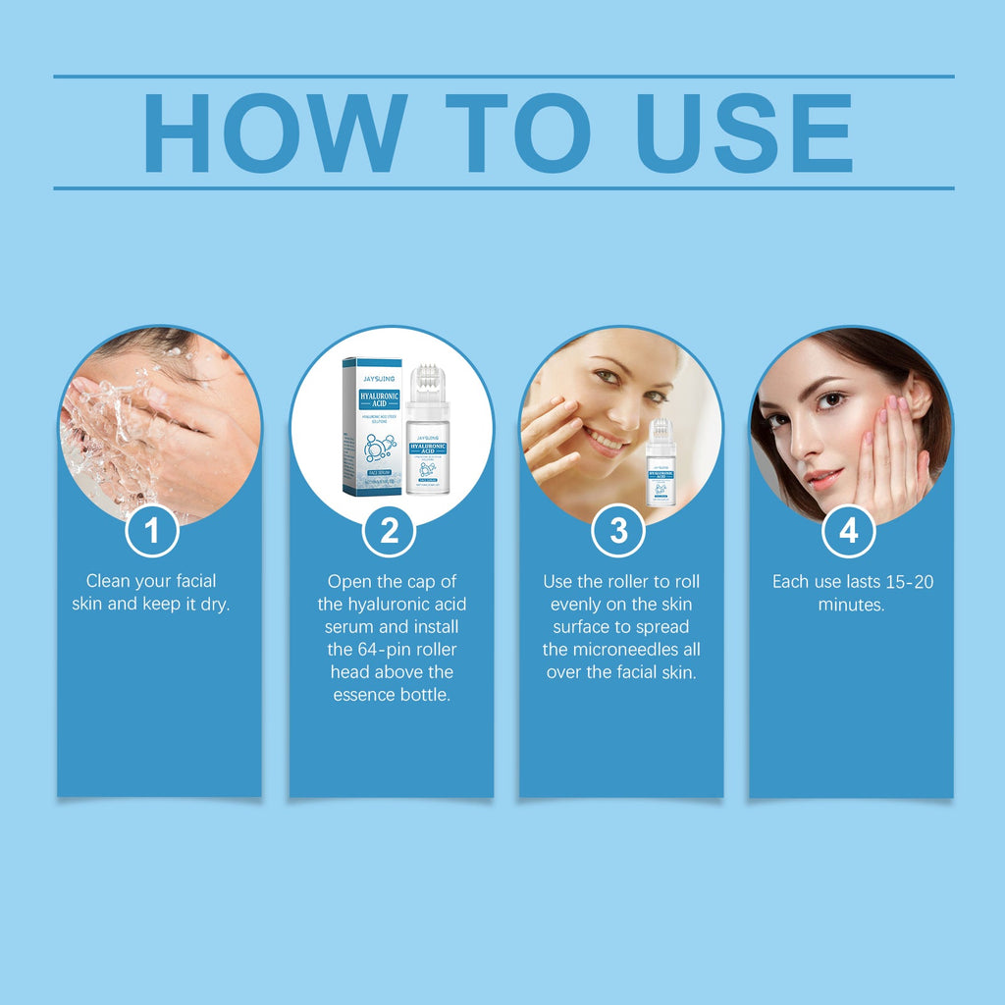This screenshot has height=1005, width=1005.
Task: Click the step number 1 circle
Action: [x=152, y=531]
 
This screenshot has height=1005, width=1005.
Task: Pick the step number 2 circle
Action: [x=390, y=531]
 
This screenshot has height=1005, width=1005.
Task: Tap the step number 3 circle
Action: [x=618, y=531]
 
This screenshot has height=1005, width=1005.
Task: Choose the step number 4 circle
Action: [x=848, y=531]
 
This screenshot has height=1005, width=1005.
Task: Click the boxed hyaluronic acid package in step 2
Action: [x=372, y=427]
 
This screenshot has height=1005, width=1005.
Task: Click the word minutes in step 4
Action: [x=850, y=605]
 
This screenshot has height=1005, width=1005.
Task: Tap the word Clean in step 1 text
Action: [x=107, y=581]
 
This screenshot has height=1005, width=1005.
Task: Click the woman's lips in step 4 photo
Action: [x=823, y=477]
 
